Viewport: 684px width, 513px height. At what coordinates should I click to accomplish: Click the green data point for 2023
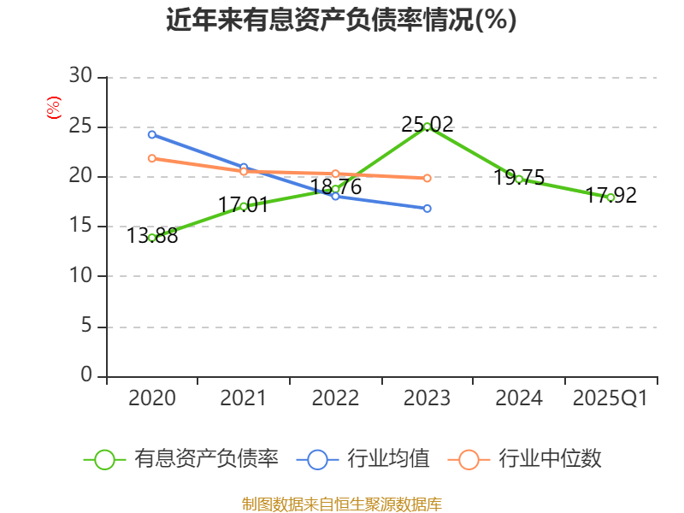(427, 127)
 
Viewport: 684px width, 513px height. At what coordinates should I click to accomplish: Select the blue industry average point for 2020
(152, 134)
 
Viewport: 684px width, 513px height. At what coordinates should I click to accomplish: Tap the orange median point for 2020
(152, 158)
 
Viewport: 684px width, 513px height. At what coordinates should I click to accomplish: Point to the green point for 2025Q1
(610, 198)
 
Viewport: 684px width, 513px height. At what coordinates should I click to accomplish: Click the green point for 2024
(519, 179)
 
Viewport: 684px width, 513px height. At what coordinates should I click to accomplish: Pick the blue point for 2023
(427, 209)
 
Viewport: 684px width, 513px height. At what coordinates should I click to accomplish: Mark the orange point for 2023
(427, 178)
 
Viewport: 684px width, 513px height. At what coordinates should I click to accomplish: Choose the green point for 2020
(152, 238)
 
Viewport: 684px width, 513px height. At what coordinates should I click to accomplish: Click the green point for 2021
(244, 206)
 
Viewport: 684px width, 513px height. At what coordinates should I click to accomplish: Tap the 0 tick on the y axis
(85, 375)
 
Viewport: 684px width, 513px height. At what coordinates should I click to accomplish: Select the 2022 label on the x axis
(335, 398)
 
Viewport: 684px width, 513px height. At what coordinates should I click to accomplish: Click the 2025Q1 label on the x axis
(610, 398)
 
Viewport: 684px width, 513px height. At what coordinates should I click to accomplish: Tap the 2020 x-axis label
(152, 398)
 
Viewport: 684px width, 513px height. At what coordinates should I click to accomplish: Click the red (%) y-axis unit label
(54, 109)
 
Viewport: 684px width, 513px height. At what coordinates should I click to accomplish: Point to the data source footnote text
(342, 504)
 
